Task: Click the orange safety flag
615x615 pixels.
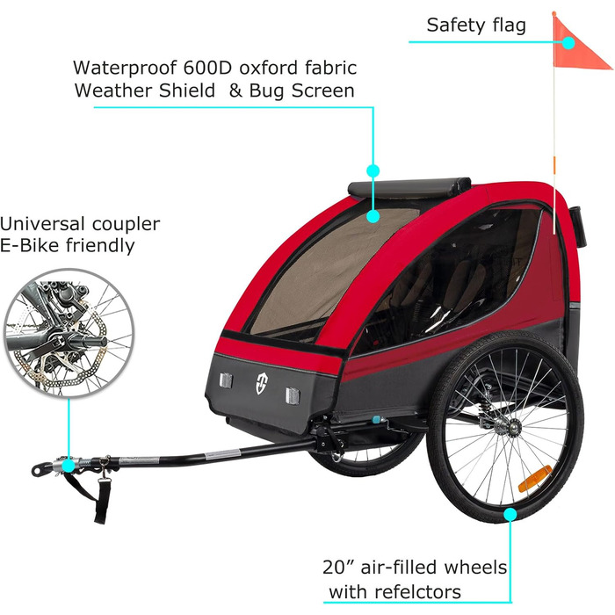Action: point(576,47)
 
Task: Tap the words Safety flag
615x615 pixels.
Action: point(476,25)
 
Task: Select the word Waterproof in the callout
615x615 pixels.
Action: point(125,68)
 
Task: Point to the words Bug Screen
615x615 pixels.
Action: point(301,90)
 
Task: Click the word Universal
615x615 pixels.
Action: point(42,224)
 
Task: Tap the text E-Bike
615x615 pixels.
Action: point(29,245)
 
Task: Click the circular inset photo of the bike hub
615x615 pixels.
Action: point(69,333)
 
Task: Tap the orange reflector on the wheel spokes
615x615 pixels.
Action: point(535,479)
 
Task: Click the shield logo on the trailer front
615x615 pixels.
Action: point(262,383)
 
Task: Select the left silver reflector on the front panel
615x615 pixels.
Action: point(226,380)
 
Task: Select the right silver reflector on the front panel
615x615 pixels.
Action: point(293,395)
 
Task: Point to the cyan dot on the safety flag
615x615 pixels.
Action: point(568,42)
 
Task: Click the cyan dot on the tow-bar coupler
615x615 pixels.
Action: point(69,466)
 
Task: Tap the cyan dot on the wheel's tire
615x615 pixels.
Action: point(510,514)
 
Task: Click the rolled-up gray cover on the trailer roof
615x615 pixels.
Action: point(409,186)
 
